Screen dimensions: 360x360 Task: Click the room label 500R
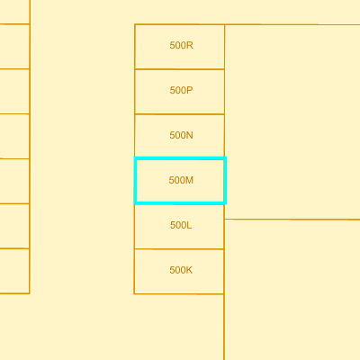coord(181,45)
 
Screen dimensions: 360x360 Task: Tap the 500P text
coord(181,90)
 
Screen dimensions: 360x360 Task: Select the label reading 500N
coord(181,135)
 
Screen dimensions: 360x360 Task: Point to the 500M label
coord(181,180)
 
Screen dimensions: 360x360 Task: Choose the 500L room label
coord(181,225)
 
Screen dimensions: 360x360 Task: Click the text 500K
coord(181,270)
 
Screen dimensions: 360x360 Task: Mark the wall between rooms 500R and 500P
coord(180,69)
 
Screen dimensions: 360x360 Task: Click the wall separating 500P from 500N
coord(180,114)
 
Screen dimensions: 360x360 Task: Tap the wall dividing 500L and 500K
coord(179,249)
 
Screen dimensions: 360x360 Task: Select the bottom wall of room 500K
coord(179,293)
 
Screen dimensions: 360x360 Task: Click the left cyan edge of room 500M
coord(136,181)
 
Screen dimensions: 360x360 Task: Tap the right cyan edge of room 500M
coord(225,181)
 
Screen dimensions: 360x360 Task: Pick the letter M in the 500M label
coord(189,180)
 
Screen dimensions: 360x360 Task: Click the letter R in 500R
coord(190,45)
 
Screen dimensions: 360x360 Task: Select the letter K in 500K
coord(189,270)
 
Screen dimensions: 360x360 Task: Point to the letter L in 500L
coord(189,225)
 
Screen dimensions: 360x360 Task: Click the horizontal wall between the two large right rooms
coord(292,220)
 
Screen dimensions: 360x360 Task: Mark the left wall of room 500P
coord(135,92)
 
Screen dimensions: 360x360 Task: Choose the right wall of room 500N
coord(224,136)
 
